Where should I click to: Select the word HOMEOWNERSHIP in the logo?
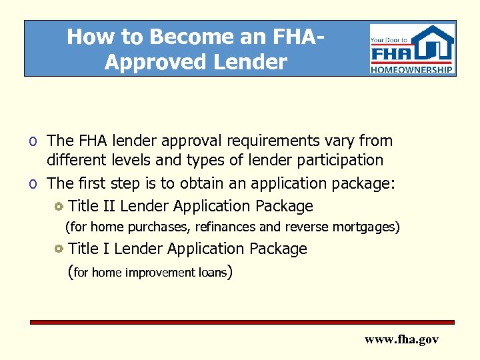pos(412,69)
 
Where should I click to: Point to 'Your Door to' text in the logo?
pos(388,39)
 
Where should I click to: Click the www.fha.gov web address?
pos(401,339)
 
